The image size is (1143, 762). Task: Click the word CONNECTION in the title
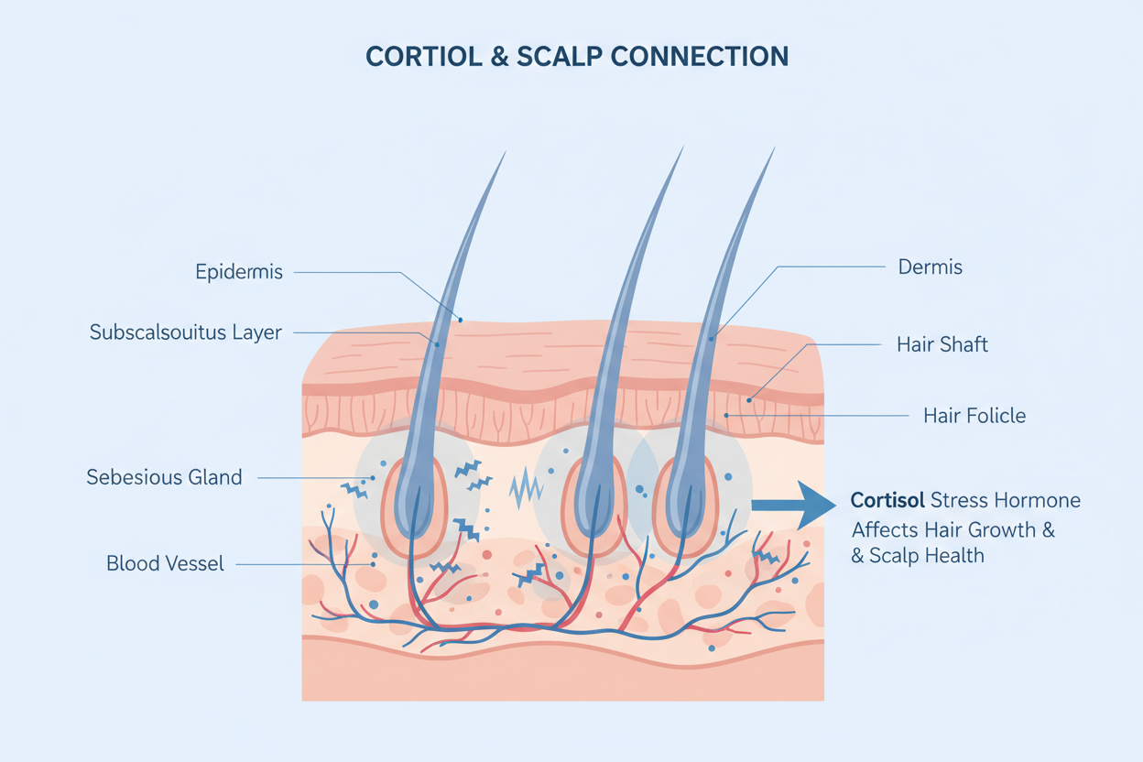699,56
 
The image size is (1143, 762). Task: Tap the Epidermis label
239,272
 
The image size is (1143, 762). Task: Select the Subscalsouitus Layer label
185,332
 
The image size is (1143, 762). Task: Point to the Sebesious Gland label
164,477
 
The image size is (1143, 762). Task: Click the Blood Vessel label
165,563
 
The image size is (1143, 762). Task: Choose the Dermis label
931,267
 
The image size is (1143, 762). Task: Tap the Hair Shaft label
942,344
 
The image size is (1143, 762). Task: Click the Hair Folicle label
974,416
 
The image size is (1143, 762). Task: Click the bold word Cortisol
887,501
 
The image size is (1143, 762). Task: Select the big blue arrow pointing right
793,505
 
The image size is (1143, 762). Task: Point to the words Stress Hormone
1006,501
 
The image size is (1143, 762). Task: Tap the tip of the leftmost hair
505,153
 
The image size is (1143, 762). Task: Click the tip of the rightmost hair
775,148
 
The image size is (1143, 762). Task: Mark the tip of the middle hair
682,147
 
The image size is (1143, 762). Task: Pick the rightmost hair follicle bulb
684,506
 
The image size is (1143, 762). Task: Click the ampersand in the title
499,56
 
